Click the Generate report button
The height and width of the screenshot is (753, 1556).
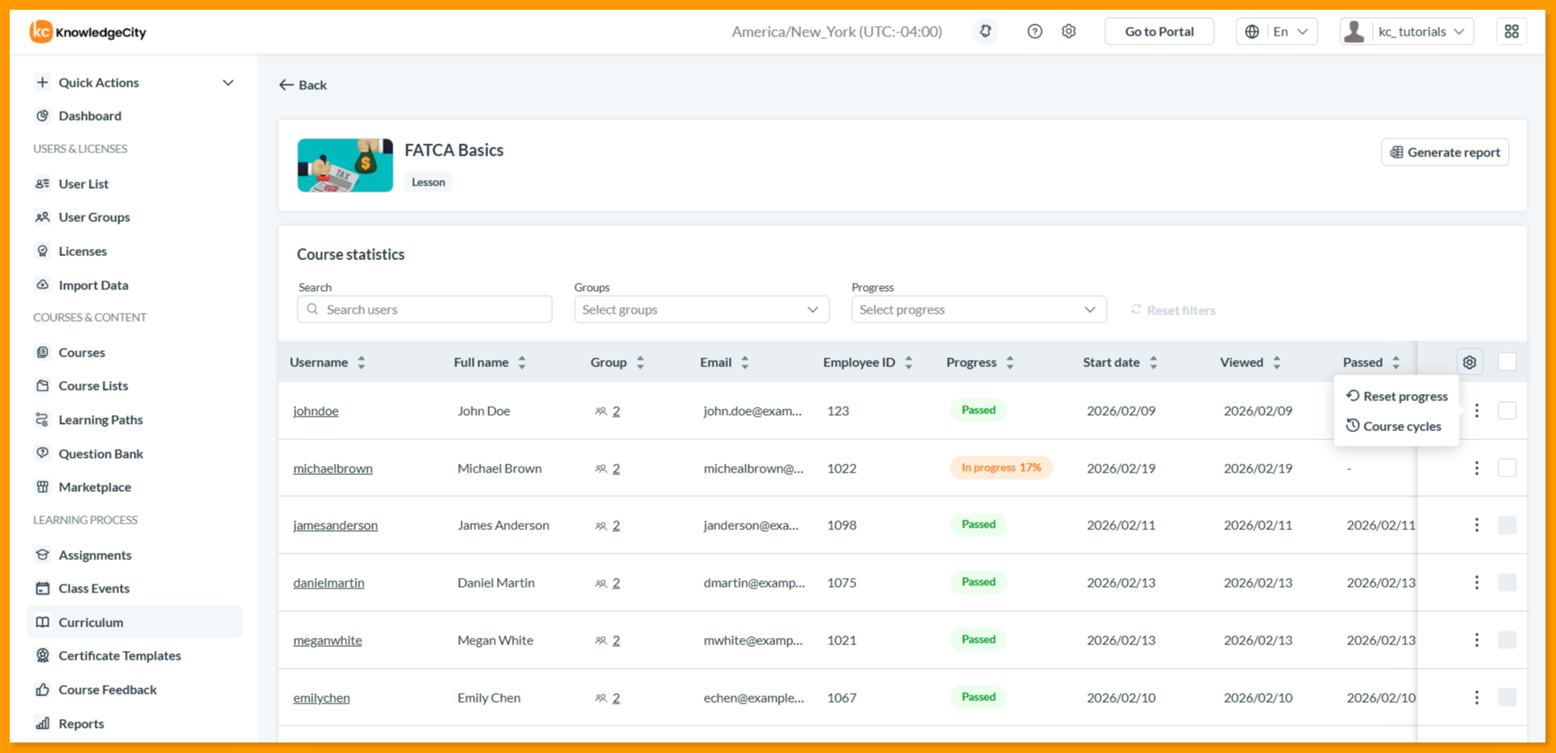coord(1445,152)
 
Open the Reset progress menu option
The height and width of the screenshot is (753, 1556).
coord(1397,396)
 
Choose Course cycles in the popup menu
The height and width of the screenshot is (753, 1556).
coord(1394,426)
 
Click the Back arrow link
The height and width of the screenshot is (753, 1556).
coord(302,85)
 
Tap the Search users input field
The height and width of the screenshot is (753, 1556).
coord(425,310)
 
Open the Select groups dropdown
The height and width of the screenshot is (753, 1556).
coord(701,310)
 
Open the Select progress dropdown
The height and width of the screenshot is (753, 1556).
coord(979,310)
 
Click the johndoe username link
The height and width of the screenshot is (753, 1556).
coord(315,411)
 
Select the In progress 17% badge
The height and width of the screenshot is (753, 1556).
coord(1001,468)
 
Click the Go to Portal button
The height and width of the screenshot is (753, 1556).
coord(1159,32)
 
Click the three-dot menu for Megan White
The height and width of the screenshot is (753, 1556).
coord(1477,640)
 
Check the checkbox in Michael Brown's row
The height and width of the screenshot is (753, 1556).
coord(1507,468)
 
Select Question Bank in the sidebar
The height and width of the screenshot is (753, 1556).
coord(100,454)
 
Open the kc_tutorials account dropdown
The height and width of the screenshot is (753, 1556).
coord(1407,32)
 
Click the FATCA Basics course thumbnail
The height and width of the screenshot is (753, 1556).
coord(345,165)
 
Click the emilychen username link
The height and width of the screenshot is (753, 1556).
coord(321,698)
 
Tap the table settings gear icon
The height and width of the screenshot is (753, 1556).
coord(1469,362)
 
